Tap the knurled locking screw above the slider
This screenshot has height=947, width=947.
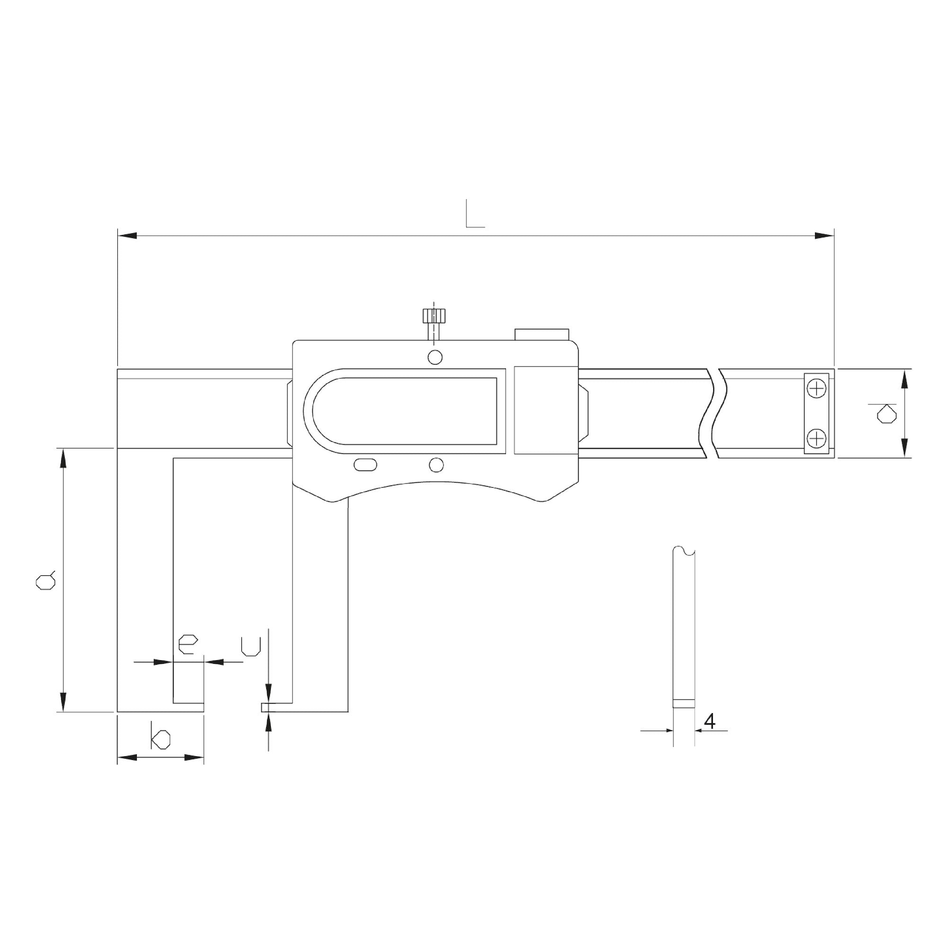pyautogui.click(x=434, y=324)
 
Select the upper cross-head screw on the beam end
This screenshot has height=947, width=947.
pyautogui.click(x=816, y=389)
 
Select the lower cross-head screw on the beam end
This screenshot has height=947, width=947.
pyautogui.click(x=816, y=437)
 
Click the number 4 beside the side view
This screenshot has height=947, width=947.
pyautogui.click(x=709, y=721)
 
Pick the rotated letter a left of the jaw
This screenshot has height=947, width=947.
pyautogui.click(x=45, y=581)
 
